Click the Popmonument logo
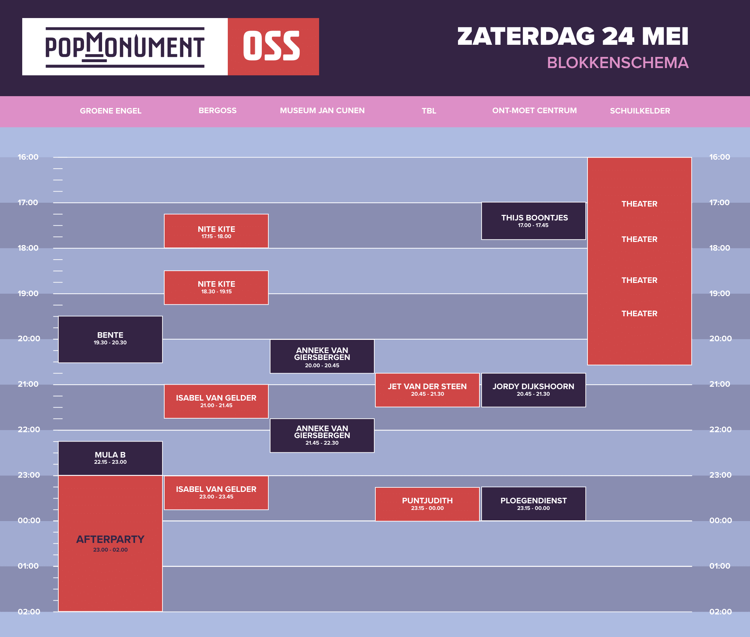click(125, 47)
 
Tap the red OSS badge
click(273, 47)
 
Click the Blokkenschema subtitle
click(617, 63)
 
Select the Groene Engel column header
click(110, 111)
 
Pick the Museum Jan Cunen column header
click(322, 110)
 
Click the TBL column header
click(429, 111)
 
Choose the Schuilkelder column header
click(640, 111)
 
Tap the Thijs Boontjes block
click(533, 221)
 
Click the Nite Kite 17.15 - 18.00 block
click(216, 231)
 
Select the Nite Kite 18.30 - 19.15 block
click(216, 287)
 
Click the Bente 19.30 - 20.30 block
click(110, 340)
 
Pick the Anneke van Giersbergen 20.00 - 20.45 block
click(322, 357)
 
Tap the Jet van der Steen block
click(427, 390)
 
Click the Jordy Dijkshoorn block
click(533, 390)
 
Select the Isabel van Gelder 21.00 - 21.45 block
click(216, 401)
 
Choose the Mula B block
click(110, 458)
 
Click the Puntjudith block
click(427, 504)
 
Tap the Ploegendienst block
click(533, 504)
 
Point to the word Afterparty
click(110, 539)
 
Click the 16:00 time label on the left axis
click(28, 157)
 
